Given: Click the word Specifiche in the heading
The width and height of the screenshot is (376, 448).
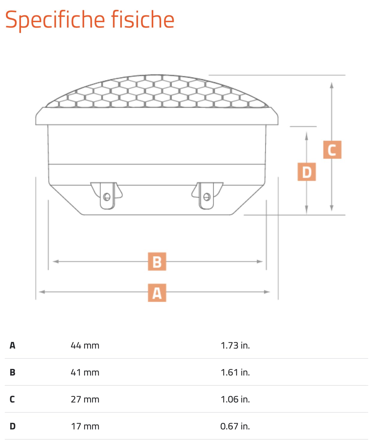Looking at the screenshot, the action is pyautogui.click(x=55, y=20).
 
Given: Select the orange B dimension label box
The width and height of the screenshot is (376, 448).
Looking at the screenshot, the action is pyautogui.click(x=157, y=261).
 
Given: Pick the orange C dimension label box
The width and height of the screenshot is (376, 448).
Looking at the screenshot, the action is pyautogui.click(x=332, y=150).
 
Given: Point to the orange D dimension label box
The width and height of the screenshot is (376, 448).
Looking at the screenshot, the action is pyautogui.click(x=307, y=172).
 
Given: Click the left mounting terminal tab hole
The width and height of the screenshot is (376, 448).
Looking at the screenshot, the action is pyautogui.click(x=107, y=197).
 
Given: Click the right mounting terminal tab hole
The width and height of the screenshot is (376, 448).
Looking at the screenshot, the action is pyautogui.click(x=207, y=197).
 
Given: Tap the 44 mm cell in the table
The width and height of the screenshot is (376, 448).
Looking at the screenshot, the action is pyautogui.click(x=85, y=346).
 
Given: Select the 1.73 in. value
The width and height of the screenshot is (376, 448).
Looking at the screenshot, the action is pyautogui.click(x=235, y=346).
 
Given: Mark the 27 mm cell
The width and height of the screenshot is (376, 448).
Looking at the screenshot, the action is pyautogui.click(x=85, y=399).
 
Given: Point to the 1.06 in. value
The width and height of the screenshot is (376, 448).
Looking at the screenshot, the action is pyautogui.click(x=235, y=399).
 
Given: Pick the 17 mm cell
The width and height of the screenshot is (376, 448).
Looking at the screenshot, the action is pyautogui.click(x=85, y=426).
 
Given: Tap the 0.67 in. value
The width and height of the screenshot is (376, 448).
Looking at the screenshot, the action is pyautogui.click(x=235, y=426).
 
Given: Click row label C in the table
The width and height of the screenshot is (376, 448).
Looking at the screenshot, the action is pyautogui.click(x=12, y=399).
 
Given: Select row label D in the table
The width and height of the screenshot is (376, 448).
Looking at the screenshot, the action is pyautogui.click(x=13, y=426).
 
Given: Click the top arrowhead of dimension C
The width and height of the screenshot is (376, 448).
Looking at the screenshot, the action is pyautogui.click(x=332, y=85).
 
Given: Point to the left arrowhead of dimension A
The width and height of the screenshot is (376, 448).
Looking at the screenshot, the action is pyautogui.click(x=42, y=292).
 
